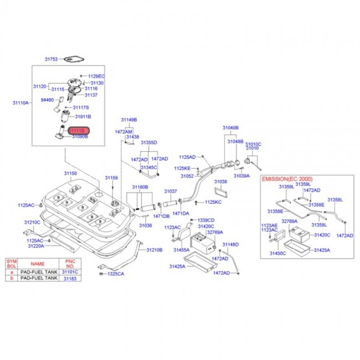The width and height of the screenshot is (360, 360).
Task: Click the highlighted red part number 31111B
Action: [x=78, y=130]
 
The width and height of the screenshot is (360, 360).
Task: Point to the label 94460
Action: [x=48, y=100]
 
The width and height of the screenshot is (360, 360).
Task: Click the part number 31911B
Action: [x=83, y=117]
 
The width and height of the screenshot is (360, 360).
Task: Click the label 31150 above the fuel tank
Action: [x=70, y=173]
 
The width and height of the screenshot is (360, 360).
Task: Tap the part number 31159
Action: [x=111, y=178]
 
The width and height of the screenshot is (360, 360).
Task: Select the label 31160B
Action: [x=140, y=187]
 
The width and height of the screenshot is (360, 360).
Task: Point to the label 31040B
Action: [x=230, y=127]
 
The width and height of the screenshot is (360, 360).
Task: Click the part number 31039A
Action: [x=241, y=176]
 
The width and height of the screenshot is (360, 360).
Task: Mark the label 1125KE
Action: [x=182, y=168]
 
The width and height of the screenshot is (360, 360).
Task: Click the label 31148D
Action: [x=230, y=244]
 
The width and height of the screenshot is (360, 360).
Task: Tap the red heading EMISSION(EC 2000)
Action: [x=287, y=179]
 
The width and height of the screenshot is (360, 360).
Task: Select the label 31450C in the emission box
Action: [x=277, y=253]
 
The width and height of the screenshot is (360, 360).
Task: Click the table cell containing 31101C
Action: [x=69, y=272]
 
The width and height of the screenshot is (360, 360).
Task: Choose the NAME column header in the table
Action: [x=38, y=264]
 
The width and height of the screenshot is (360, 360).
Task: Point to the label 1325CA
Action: [x=116, y=274]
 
